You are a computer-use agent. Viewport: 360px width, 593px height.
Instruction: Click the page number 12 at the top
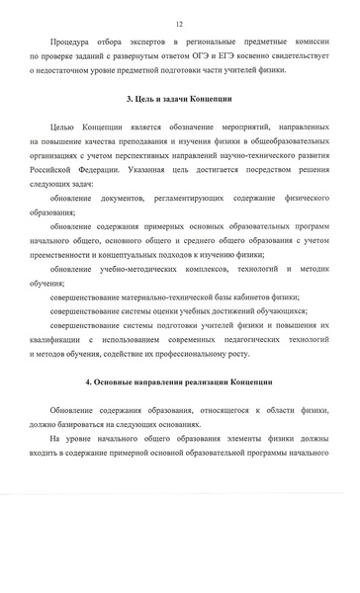pyautogui.click(x=179, y=22)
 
